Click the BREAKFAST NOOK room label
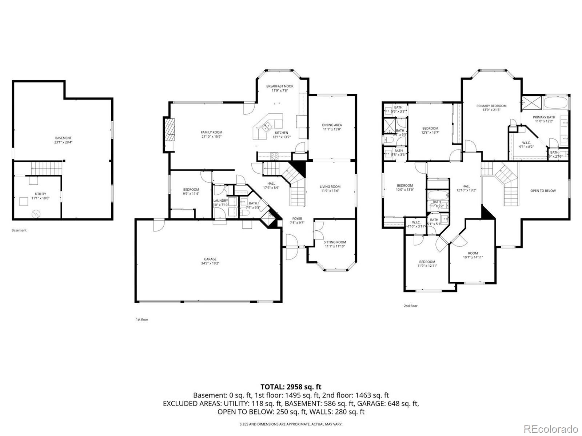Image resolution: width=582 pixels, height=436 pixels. [279, 86]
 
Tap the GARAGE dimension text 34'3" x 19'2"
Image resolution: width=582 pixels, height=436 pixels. [210, 263]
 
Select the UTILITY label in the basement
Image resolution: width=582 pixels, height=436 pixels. [40, 194]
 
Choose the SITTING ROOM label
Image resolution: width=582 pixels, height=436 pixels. [335, 242]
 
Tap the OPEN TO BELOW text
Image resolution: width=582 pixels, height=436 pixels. [543, 191]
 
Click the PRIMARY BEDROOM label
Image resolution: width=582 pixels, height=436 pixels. [491, 106]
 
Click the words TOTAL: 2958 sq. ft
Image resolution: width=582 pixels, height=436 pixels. [291, 387]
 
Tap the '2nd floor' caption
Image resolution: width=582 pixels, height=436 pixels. [411, 306]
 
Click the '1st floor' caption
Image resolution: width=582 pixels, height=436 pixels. [142, 319]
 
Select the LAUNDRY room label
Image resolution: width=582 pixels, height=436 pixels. [220, 201]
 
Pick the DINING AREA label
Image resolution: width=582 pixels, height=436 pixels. [332, 125]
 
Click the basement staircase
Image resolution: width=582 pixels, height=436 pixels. [46, 168]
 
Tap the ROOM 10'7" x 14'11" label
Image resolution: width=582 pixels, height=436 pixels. [473, 253]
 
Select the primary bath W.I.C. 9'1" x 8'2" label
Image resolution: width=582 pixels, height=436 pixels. [526, 143]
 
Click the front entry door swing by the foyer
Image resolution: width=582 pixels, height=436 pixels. [291, 247]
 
